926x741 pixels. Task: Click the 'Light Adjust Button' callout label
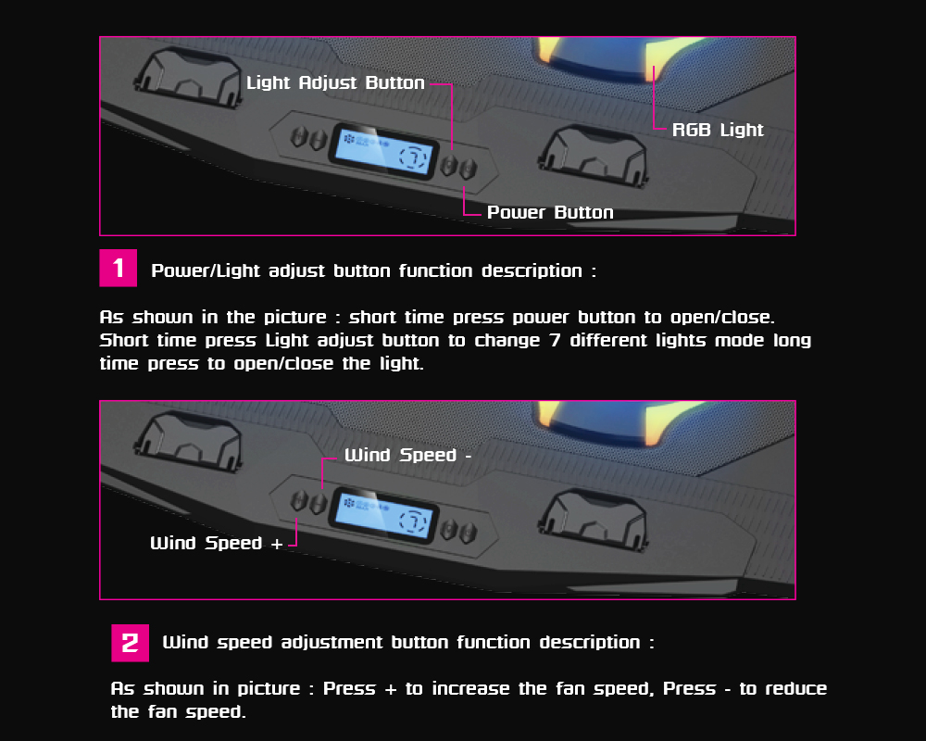pyautogui.click(x=335, y=82)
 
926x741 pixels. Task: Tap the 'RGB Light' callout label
pyautogui.click(x=718, y=130)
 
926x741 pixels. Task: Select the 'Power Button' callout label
pyautogui.click(x=550, y=212)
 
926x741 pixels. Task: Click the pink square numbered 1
pyautogui.click(x=119, y=269)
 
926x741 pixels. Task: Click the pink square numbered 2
pyautogui.click(x=130, y=643)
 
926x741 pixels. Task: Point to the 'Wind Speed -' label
pyautogui.click(x=408, y=455)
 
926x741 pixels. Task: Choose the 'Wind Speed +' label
pyautogui.click(x=216, y=543)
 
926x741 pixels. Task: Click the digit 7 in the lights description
pyautogui.click(x=555, y=340)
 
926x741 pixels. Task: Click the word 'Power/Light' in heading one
pyautogui.click(x=206, y=270)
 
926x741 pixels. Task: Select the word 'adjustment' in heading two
pyautogui.click(x=332, y=642)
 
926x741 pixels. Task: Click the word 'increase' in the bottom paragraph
pyautogui.click(x=470, y=689)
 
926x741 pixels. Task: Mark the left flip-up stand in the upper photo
pyautogui.click(x=189, y=78)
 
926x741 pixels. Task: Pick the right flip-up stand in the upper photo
pyautogui.click(x=594, y=155)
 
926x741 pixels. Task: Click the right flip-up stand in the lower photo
pyautogui.click(x=594, y=519)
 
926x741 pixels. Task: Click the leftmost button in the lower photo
pyautogui.click(x=299, y=502)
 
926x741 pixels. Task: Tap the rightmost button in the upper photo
pyautogui.click(x=469, y=170)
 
